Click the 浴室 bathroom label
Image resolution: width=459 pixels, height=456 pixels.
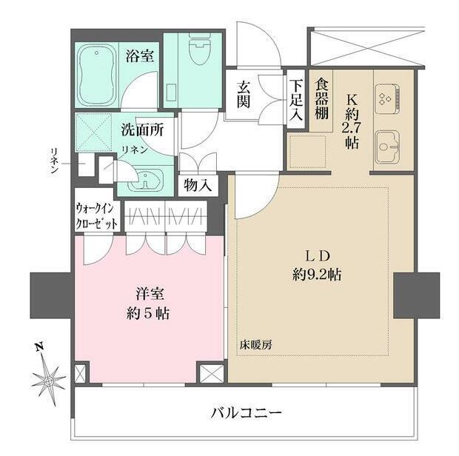point(140,55)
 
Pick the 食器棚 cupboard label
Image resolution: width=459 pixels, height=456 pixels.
point(321,98)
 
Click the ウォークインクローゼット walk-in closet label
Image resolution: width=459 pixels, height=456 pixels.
point(96,215)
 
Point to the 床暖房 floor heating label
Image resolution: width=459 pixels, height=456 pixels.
point(255,345)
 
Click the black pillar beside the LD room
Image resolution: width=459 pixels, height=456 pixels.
point(417,294)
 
